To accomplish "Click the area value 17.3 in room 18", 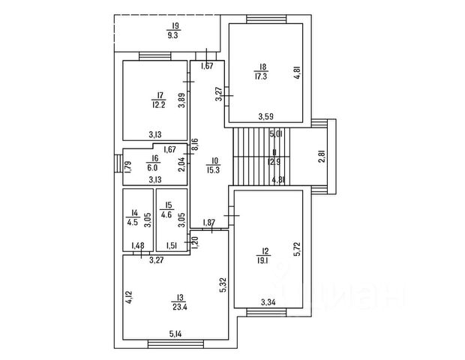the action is pyautogui.click(x=260, y=76).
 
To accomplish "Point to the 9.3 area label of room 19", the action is pyautogui.click(x=172, y=34).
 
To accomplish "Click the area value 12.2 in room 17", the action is pyautogui.click(x=157, y=103).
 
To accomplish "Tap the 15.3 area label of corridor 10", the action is pyautogui.click(x=214, y=169).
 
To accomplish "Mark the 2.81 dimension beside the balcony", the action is pyautogui.click(x=322, y=157).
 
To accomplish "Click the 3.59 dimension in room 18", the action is pyautogui.click(x=266, y=116).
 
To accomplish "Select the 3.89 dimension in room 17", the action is pyautogui.click(x=181, y=101).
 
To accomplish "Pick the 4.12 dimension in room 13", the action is pyautogui.click(x=129, y=298).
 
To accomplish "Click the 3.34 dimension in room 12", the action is pyautogui.click(x=268, y=302).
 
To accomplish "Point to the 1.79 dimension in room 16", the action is pyautogui.click(x=128, y=166).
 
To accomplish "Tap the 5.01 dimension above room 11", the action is pyautogui.click(x=275, y=135).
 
